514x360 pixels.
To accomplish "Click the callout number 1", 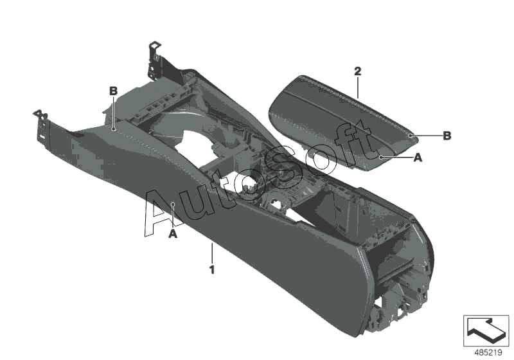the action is pyautogui.click(x=213, y=270).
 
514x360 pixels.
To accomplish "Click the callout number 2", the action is pyautogui.click(x=358, y=71).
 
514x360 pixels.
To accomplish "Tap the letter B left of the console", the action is pyautogui.click(x=113, y=91).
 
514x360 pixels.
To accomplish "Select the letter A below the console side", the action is pyautogui.click(x=173, y=234).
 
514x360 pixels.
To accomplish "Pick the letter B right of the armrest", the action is pyautogui.click(x=447, y=136).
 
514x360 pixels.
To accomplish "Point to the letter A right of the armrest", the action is pyautogui.click(x=418, y=157).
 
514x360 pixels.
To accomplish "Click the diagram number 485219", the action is pyautogui.click(x=488, y=353).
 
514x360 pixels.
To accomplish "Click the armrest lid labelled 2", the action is pyautogui.click(x=342, y=123).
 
